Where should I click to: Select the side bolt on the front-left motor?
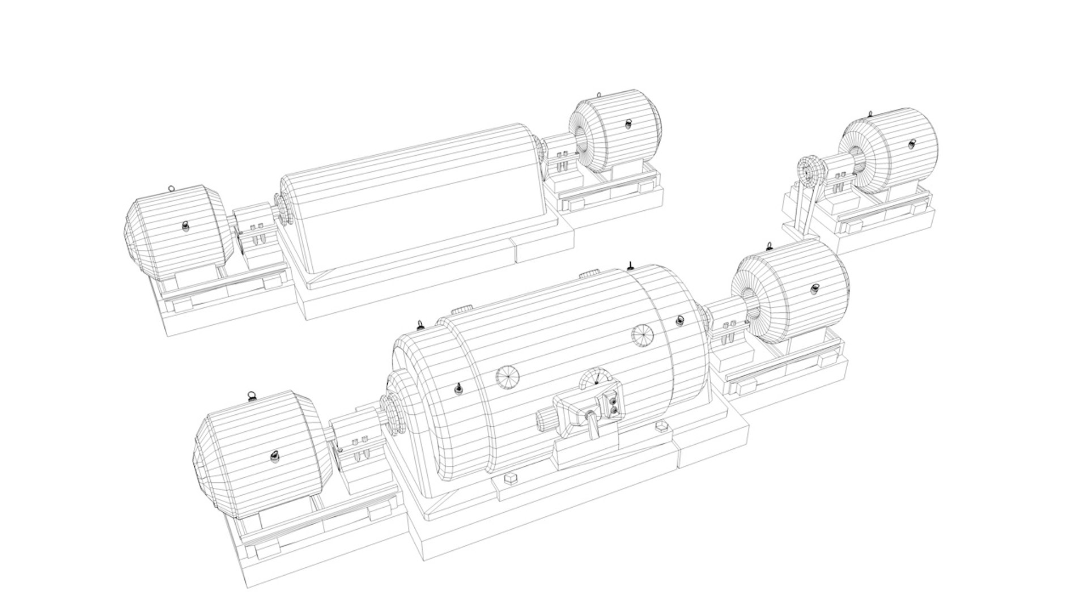click(274, 456)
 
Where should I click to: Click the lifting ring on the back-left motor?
click(171, 188)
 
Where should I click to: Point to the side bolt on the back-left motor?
click(186, 226)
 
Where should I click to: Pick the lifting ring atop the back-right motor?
click(600, 95)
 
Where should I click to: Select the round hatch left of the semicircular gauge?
click(507, 377)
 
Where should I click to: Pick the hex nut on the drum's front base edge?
click(510, 478)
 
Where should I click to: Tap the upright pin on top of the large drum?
click(630, 265)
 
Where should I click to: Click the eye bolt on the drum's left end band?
click(457, 389)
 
